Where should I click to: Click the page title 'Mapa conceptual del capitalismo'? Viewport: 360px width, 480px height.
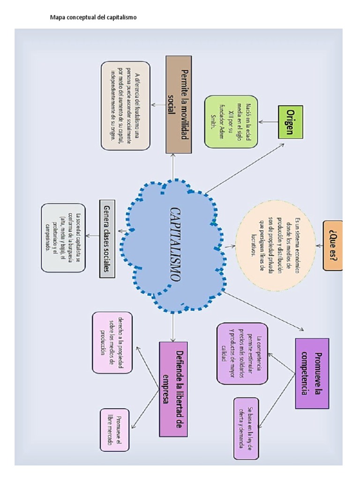93,17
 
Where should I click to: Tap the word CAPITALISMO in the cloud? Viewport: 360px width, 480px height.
175,244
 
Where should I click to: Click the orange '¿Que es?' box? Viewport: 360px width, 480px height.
332,246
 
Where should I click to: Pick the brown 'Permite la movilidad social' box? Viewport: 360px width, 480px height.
179,104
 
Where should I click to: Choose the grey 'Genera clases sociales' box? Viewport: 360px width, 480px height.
107,238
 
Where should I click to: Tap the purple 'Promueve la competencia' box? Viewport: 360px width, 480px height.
312,373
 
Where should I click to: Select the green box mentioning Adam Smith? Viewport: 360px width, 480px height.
231,121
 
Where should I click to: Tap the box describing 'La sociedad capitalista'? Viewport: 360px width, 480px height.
63,238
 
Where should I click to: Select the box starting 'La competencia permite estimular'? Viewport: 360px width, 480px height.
242,353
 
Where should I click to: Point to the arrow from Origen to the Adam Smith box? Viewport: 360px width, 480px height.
268,122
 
